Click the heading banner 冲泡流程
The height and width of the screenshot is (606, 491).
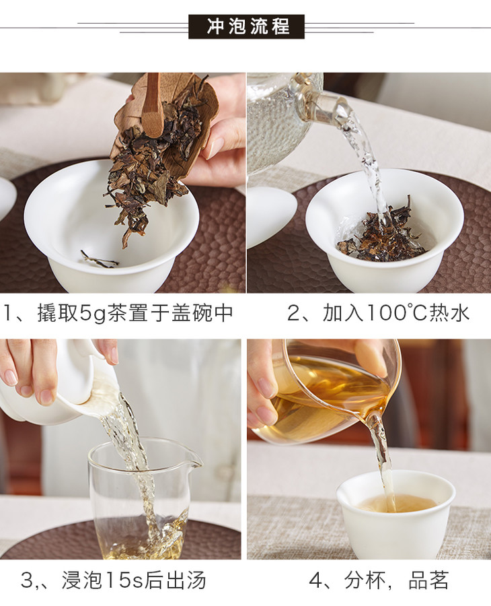pos(246,27)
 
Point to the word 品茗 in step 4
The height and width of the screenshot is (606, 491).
pos(428,580)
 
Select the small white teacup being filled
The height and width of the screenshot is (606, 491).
pos(395,513)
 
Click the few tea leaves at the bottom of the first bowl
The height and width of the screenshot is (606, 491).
pos(100,259)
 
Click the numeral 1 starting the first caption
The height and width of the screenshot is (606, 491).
pos(7,313)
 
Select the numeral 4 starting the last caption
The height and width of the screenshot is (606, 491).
pos(317,580)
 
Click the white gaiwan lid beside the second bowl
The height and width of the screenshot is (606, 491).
pos(270,216)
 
